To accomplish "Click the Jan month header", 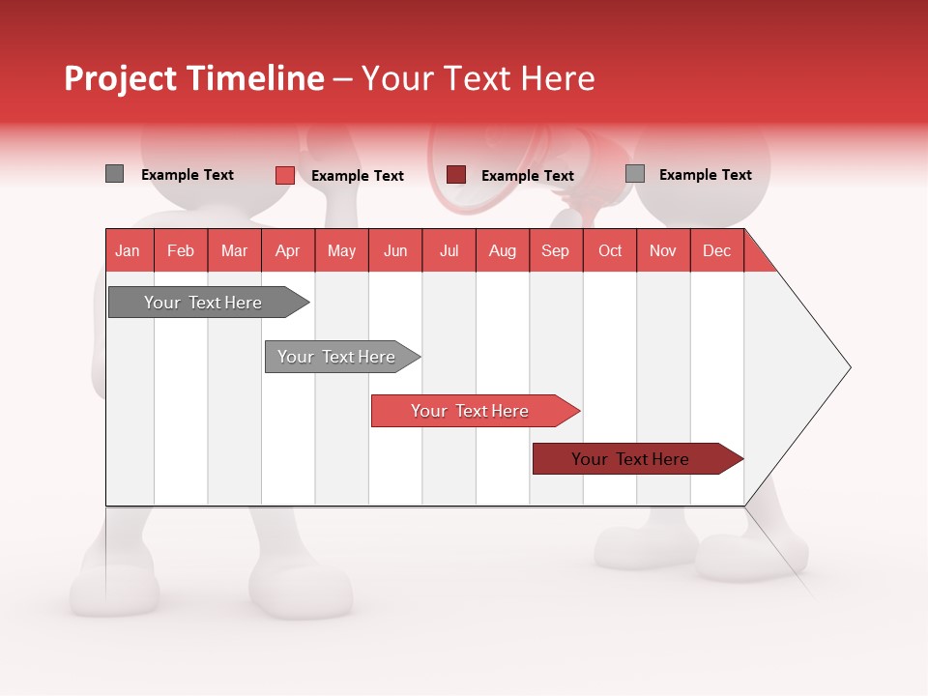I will pos(129,250).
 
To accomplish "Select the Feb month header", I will pos(181,250).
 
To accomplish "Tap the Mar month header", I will pos(234,250).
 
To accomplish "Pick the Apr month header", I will pos(288,250).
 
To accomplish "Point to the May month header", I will pos(341,250).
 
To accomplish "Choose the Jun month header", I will pos(395,250).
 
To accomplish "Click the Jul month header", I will pos(449,250).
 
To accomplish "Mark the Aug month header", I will pos(503,250).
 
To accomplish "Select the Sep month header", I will pos(556,250).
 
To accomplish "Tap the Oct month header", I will pos(610,250).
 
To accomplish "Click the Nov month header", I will pos(663,250).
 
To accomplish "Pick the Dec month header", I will pos(717,250).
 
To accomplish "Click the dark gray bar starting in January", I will pos(204,303).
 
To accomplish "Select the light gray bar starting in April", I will pos(337,357).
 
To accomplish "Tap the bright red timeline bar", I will pos(471,411).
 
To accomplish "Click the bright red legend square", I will pos(285,175).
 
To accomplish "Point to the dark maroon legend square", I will pos(456,175).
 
